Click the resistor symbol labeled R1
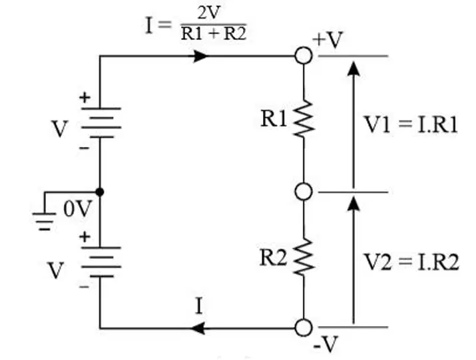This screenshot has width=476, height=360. (304, 118)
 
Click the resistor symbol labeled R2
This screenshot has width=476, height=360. (304, 258)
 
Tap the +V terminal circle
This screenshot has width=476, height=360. (304, 56)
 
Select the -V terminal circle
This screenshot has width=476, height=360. (304, 328)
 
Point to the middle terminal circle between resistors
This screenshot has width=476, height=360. (304, 192)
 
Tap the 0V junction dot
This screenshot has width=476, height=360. (100, 192)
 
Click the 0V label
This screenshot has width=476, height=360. (77, 209)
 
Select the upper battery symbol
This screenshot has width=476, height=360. (101, 122)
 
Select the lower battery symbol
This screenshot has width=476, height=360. (101, 262)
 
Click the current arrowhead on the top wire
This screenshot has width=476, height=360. (200, 56)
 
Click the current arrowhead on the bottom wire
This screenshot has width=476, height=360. (197, 328)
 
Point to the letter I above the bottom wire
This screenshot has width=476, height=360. (199, 306)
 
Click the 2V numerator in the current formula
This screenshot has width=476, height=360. (209, 13)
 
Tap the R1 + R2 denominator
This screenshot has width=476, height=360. (214, 33)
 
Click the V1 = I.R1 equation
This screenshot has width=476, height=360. (411, 124)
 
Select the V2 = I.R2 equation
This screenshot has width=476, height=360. (411, 262)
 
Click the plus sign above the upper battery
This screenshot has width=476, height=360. (85, 98)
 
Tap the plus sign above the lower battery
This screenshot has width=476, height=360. (85, 237)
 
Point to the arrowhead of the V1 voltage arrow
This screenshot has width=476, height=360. (353, 69)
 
